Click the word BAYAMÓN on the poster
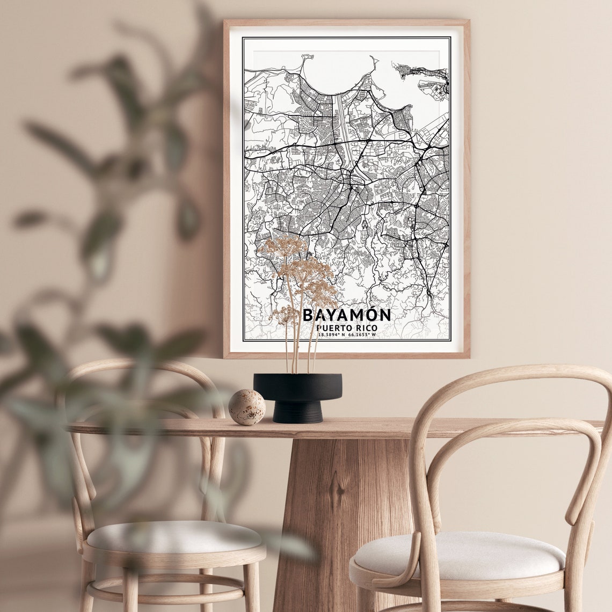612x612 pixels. click(x=347, y=315)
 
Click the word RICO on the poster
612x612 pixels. click(x=365, y=328)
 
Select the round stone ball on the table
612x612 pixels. click(x=247, y=407)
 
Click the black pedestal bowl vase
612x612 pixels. click(x=297, y=387)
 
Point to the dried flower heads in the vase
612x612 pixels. click(x=301, y=268)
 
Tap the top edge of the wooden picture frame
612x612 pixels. click(x=346, y=23)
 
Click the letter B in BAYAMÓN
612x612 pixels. click(x=309, y=315)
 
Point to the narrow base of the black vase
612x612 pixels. click(x=298, y=412)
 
